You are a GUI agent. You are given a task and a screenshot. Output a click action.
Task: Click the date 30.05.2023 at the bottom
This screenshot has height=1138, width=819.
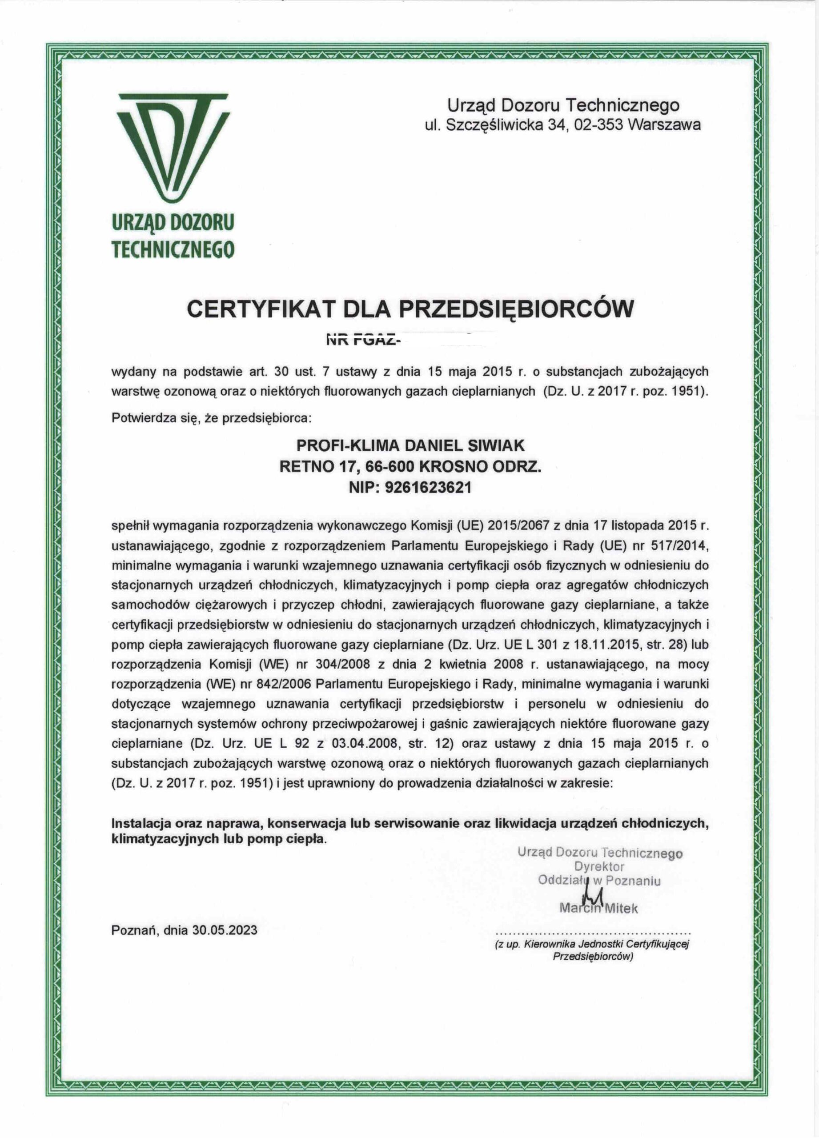click(x=225, y=930)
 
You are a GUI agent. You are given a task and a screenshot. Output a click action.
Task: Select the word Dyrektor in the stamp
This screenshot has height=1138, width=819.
click(x=599, y=866)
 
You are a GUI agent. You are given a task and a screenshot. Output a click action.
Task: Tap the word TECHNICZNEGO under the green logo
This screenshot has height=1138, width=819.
click(x=173, y=249)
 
